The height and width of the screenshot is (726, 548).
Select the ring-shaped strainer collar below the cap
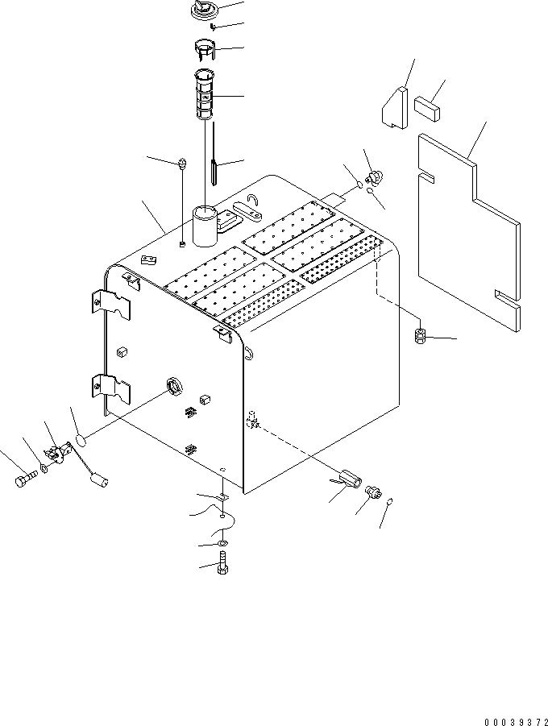point(207,50)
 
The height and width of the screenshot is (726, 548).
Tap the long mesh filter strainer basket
point(205,93)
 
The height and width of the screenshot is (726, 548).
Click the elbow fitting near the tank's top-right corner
point(375,178)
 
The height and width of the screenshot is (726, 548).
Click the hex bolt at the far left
point(23,480)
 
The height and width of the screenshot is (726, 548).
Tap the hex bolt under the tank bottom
point(222,569)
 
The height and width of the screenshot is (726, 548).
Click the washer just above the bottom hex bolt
point(222,546)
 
